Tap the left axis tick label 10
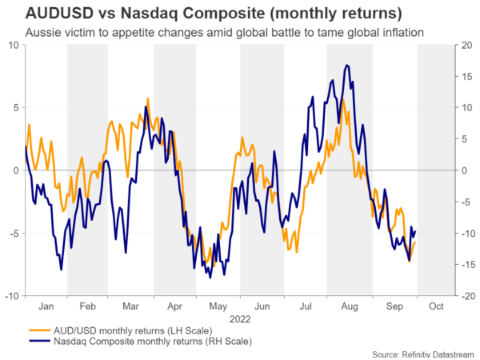[13, 45]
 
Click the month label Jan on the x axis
[45, 306]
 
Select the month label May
[218, 306]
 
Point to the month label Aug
[349, 306]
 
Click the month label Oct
[435, 306]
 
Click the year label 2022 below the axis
[239, 318]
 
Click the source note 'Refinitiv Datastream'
[423, 353]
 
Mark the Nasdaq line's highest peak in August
[346, 65]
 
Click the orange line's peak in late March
[148, 99]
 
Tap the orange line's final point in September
[414, 242]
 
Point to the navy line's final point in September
[415, 231]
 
